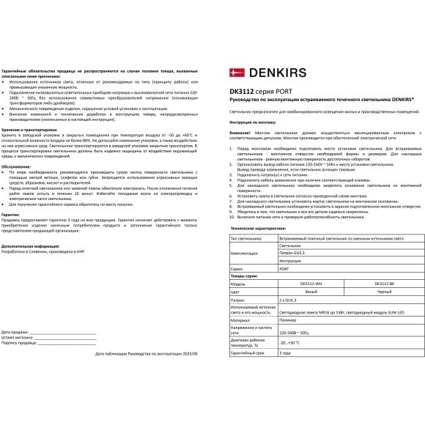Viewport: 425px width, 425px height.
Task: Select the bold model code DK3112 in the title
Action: click(x=243, y=90)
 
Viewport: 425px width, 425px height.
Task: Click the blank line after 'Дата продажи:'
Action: click(x=66, y=332)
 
